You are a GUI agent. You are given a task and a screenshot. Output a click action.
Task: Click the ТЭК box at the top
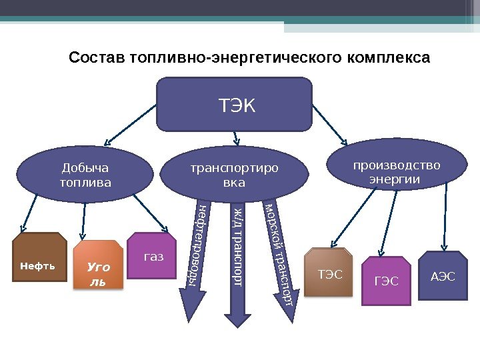pos(234,104)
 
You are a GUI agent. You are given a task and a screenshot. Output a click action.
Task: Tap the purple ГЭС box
pos(385,280)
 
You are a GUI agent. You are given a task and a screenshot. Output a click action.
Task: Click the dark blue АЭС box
pos(443,275)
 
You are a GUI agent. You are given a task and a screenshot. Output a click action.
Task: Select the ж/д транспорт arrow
pos(236,260)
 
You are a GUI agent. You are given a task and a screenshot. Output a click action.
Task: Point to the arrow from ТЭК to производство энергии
pos(329,127)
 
